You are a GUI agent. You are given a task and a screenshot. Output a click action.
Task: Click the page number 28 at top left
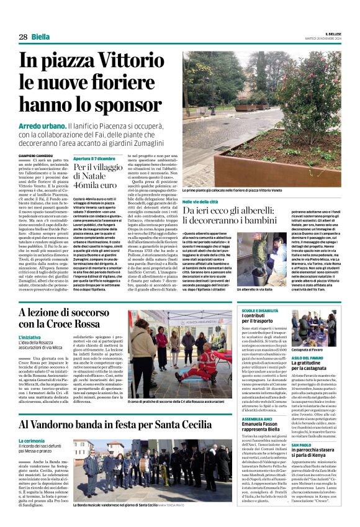tap(23, 37)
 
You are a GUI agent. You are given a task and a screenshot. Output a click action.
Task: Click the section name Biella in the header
tap(40, 37)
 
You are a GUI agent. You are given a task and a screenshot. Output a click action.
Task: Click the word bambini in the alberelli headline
tap(268, 220)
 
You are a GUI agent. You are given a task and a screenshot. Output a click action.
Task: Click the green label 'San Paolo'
tap(302, 445)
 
